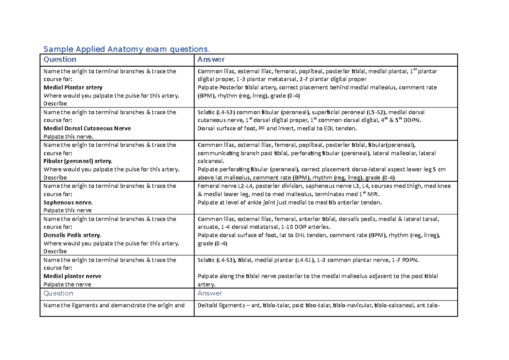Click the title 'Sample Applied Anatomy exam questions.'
[127, 49]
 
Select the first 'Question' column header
[60, 59]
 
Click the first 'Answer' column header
[211, 59]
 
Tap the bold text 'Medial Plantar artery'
[73, 87]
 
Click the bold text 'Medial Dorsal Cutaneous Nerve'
[87, 128]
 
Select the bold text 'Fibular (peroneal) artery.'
[78, 161]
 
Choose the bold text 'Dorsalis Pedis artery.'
[72, 235]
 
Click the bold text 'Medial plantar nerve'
[72, 276]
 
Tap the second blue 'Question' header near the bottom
[58, 293]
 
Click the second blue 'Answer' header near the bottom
[210, 293]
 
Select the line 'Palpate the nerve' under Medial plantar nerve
[67, 284]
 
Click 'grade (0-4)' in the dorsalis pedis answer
[213, 244]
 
